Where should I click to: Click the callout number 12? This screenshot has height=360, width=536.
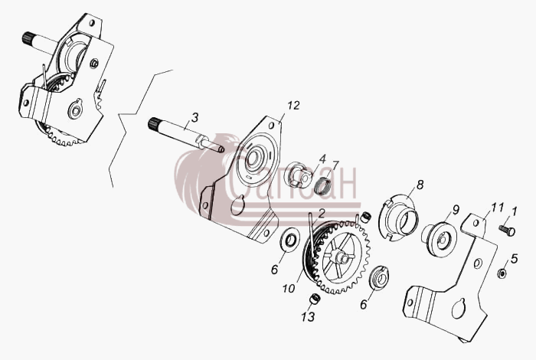point(293,106)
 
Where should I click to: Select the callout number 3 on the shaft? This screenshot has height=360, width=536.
point(194,118)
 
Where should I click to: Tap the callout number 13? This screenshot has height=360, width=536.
point(308,317)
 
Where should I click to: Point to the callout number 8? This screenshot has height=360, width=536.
point(420,185)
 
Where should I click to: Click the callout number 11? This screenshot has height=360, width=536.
point(498,207)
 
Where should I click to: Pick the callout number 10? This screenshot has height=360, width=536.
point(289,289)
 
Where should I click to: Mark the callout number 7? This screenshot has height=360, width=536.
point(335,165)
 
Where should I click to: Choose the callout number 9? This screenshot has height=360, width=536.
point(456,210)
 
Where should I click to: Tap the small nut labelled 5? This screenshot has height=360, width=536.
point(502,273)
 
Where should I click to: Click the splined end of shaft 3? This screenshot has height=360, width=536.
point(154,123)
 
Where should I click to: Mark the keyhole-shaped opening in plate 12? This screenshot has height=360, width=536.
point(238,205)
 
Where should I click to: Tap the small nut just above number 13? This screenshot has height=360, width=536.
point(315,299)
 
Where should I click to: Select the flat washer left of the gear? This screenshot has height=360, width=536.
point(290,238)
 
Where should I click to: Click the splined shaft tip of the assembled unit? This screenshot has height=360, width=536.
point(28,38)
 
